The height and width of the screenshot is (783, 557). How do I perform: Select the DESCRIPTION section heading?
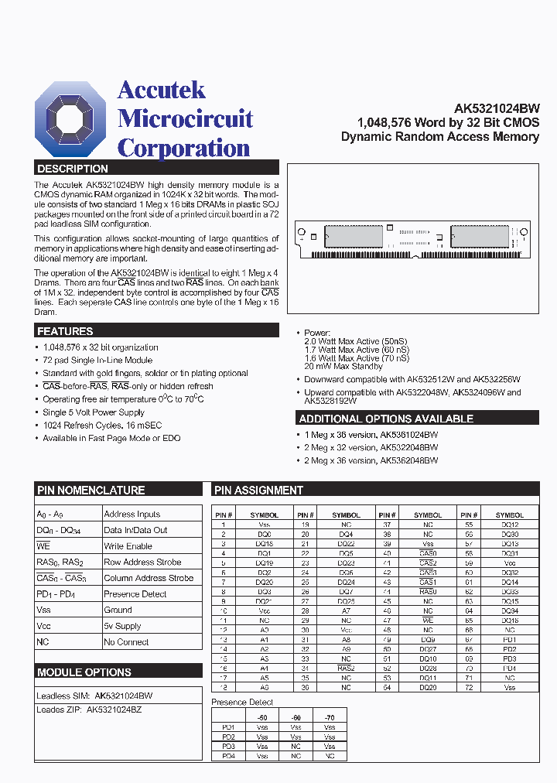coord(73,168)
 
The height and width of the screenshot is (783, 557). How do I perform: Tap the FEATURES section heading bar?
coord(65,331)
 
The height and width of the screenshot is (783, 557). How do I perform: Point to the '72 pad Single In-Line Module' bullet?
coord(97,361)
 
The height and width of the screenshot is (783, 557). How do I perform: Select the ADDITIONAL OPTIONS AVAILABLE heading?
coord(385,419)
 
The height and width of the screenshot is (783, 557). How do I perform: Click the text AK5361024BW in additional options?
coord(408,435)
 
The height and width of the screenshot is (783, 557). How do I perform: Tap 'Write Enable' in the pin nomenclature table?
coord(128,546)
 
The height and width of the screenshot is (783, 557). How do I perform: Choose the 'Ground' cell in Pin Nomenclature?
coord(118,610)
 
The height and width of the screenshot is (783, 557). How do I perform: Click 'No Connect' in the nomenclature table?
coord(126,642)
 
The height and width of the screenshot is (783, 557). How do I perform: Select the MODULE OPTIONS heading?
coord(84,672)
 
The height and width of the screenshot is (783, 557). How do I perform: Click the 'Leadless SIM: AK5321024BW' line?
coord(94,696)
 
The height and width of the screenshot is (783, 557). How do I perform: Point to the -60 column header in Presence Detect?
coord(296,717)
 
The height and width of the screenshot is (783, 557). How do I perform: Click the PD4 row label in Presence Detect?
coord(228,755)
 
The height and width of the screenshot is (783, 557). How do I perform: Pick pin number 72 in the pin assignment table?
coord(468,687)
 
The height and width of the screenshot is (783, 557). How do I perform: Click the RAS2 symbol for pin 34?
coord(346,668)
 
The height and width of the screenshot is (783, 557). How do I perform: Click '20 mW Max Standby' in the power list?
coord(343,367)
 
